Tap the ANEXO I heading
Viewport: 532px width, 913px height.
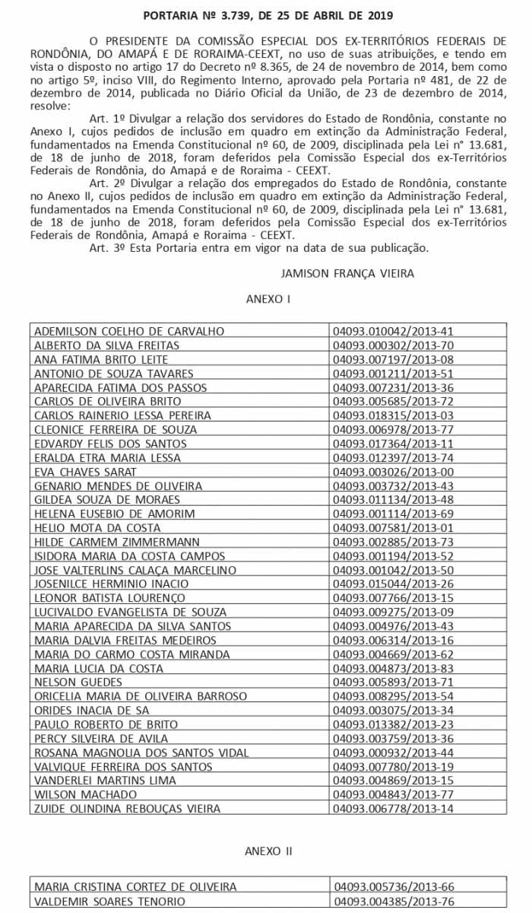point(268,300)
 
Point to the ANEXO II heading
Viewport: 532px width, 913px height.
point(268,851)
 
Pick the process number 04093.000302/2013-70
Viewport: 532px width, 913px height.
point(393,345)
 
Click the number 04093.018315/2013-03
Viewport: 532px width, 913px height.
point(393,415)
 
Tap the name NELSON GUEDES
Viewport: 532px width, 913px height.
point(74,682)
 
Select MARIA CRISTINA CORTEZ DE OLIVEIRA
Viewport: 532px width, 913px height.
point(135,887)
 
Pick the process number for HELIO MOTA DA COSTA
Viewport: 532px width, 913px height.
point(393,528)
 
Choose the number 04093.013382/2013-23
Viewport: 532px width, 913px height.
point(393,724)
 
